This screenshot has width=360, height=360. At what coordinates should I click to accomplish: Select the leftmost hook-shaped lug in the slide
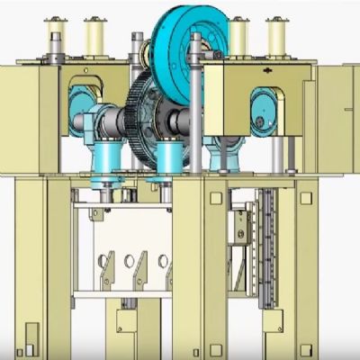click(105, 268)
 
